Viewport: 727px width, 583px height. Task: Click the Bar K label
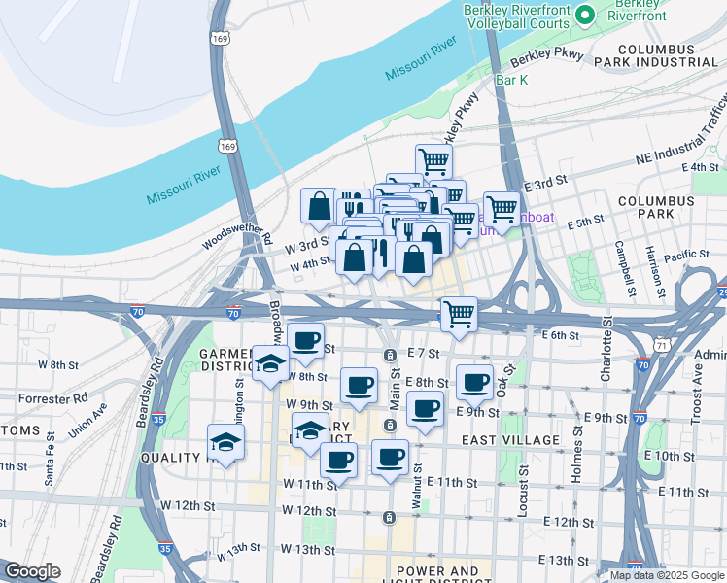[x=511, y=80]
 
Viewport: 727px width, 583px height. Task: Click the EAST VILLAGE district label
[x=510, y=440]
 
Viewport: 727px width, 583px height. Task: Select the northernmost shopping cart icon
[x=433, y=161]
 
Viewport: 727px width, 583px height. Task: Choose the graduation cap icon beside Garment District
[x=270, y=364]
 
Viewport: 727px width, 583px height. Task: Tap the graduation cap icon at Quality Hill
[x=226, y=443]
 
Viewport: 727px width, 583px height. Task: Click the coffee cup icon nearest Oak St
[x=474, y=383]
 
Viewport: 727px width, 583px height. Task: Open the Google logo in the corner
[x=32, y=571]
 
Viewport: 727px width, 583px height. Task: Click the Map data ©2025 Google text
[x=666, y=575]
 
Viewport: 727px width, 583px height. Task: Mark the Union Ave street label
[x=87, y=424]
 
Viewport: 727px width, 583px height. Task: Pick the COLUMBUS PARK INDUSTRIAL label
[x=667, y=54]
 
